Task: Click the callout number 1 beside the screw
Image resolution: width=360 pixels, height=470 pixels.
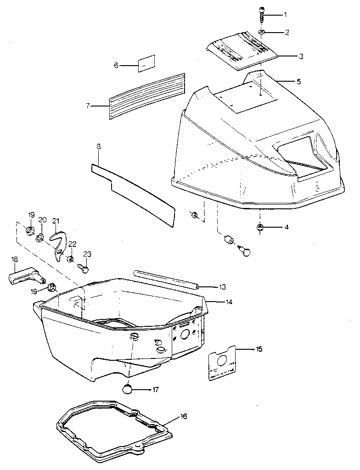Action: pos(285,15)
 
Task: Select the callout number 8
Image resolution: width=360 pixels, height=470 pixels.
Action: pos(98,147)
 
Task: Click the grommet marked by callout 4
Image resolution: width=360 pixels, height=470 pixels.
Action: pos(260,227)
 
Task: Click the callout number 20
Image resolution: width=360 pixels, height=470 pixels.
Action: pos(42,220)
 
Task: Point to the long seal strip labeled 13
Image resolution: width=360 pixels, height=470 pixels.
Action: pos(165,279)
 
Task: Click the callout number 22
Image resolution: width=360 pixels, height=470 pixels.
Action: pos(73,244)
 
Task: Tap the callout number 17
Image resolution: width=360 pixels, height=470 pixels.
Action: pos(156,390)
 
